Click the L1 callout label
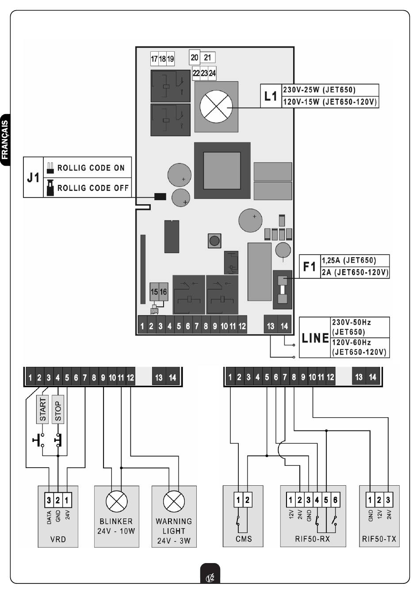pos(271,96)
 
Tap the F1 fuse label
pos(309,267)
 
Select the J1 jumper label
pos(33,177)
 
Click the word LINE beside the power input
pos(315,338)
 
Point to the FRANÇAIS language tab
pos(5,140)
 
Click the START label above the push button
pos(42,410)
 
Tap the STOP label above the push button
pos(58,410)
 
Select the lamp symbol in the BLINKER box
pos(116,502)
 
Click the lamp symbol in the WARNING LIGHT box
pos(174,502)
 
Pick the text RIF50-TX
pos(379,539)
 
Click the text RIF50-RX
pos(312,539)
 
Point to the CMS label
pos(244,539)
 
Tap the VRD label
pos(58,539)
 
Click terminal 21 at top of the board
pos(207,57)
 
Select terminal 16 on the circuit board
pos(163,292)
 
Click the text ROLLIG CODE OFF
pos(93,188)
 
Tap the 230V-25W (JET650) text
pos(319,90)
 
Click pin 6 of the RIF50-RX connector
pos(335,500)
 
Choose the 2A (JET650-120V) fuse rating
pos(355,272)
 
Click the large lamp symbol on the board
pos(216,107)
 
